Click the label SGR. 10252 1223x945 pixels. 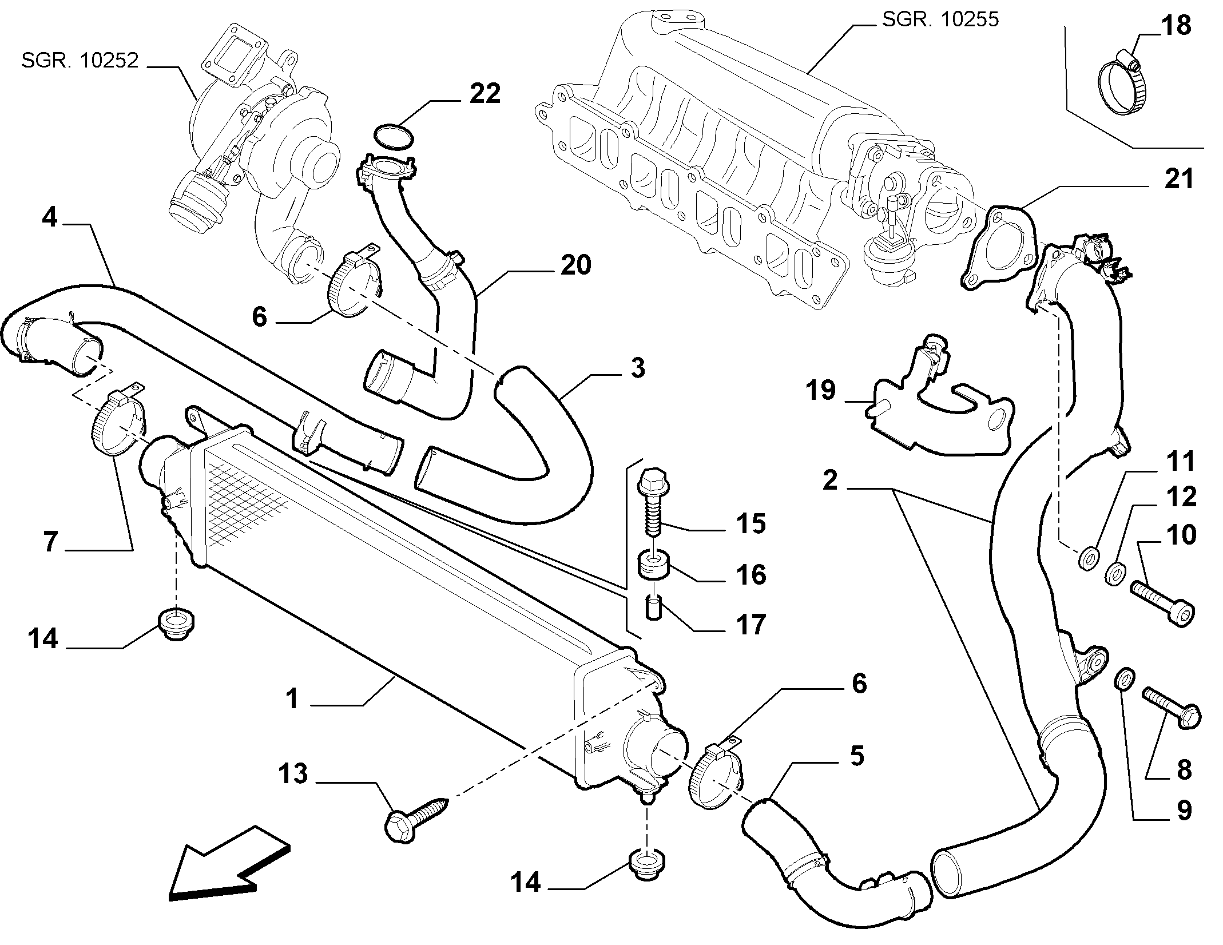[80, 60]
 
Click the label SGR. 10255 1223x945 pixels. [940, 19]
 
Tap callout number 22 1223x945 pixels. [485, 94]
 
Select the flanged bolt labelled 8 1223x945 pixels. [1172, 708]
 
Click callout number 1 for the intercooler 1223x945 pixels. [293, 698]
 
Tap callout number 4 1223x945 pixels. [50, 218]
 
